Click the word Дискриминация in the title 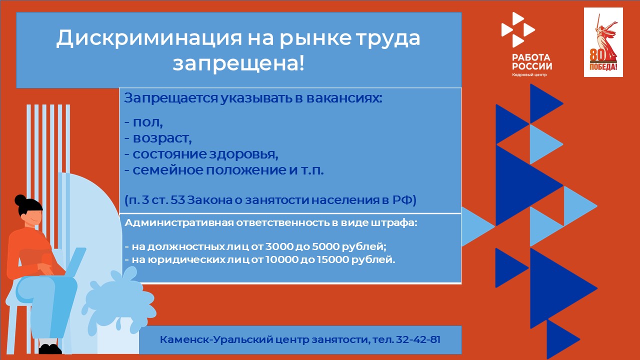[x=149, y=38]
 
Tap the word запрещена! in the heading [x=238, y=63]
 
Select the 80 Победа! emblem [x=603, y=42]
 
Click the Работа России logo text [x=531, y=61]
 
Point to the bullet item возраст [x=162, y=138]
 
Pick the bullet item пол [x=147, y=122]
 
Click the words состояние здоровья [x=205, y=154]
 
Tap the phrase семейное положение [x=209, y=170]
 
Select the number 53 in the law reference [x=178, y=199]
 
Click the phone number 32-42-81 [x=418, y=339]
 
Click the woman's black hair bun [x=20, y=200]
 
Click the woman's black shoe [x=50, y=349]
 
